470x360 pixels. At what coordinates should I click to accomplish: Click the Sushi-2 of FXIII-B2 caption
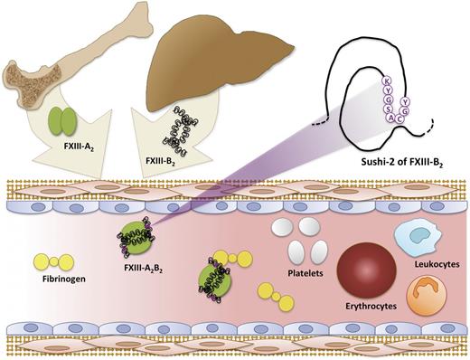tap(385, 166)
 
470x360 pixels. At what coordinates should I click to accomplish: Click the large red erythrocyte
tap(367, 270)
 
